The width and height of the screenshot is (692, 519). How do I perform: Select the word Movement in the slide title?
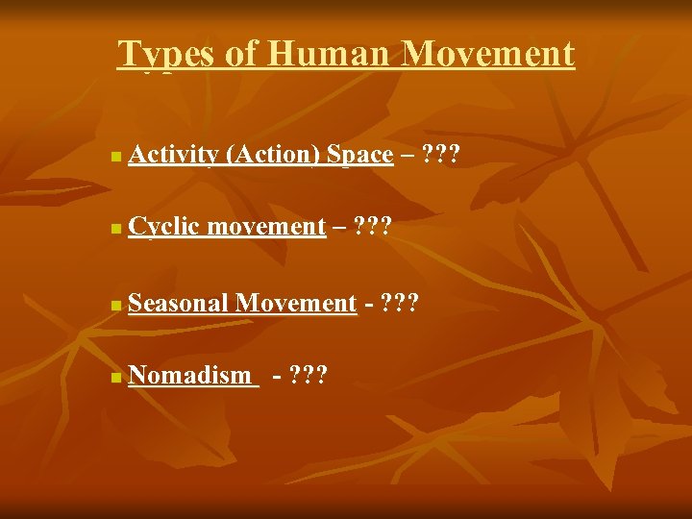488,54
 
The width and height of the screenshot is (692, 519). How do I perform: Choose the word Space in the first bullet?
359,155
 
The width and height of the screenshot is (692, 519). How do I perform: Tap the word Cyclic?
163,227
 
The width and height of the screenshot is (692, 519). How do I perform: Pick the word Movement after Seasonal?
296,304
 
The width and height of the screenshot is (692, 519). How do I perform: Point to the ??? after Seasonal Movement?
400,304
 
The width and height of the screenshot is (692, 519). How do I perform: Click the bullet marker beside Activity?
115,156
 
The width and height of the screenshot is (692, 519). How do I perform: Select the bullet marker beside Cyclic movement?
115,229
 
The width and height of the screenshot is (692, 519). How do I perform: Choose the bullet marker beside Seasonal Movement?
115,306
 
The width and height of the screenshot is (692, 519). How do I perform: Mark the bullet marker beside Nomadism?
115,378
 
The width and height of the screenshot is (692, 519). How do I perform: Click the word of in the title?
241,54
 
